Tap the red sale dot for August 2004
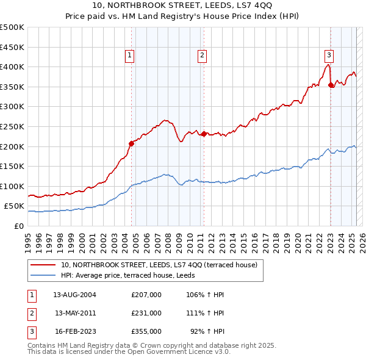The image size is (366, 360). pos(131,143)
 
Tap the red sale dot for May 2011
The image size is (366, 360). pos(204,134)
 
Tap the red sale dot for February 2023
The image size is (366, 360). pos(331,85)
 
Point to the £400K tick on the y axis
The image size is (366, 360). pos(12,67)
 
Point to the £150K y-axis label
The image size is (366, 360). pos(12,166)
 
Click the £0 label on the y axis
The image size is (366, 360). pos(18,226)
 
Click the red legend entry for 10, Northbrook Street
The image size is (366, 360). pos(159,265)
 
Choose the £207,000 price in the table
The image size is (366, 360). pos(146,295)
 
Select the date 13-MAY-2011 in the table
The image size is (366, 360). pos(76,313)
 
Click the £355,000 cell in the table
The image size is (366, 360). pos(146,332)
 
